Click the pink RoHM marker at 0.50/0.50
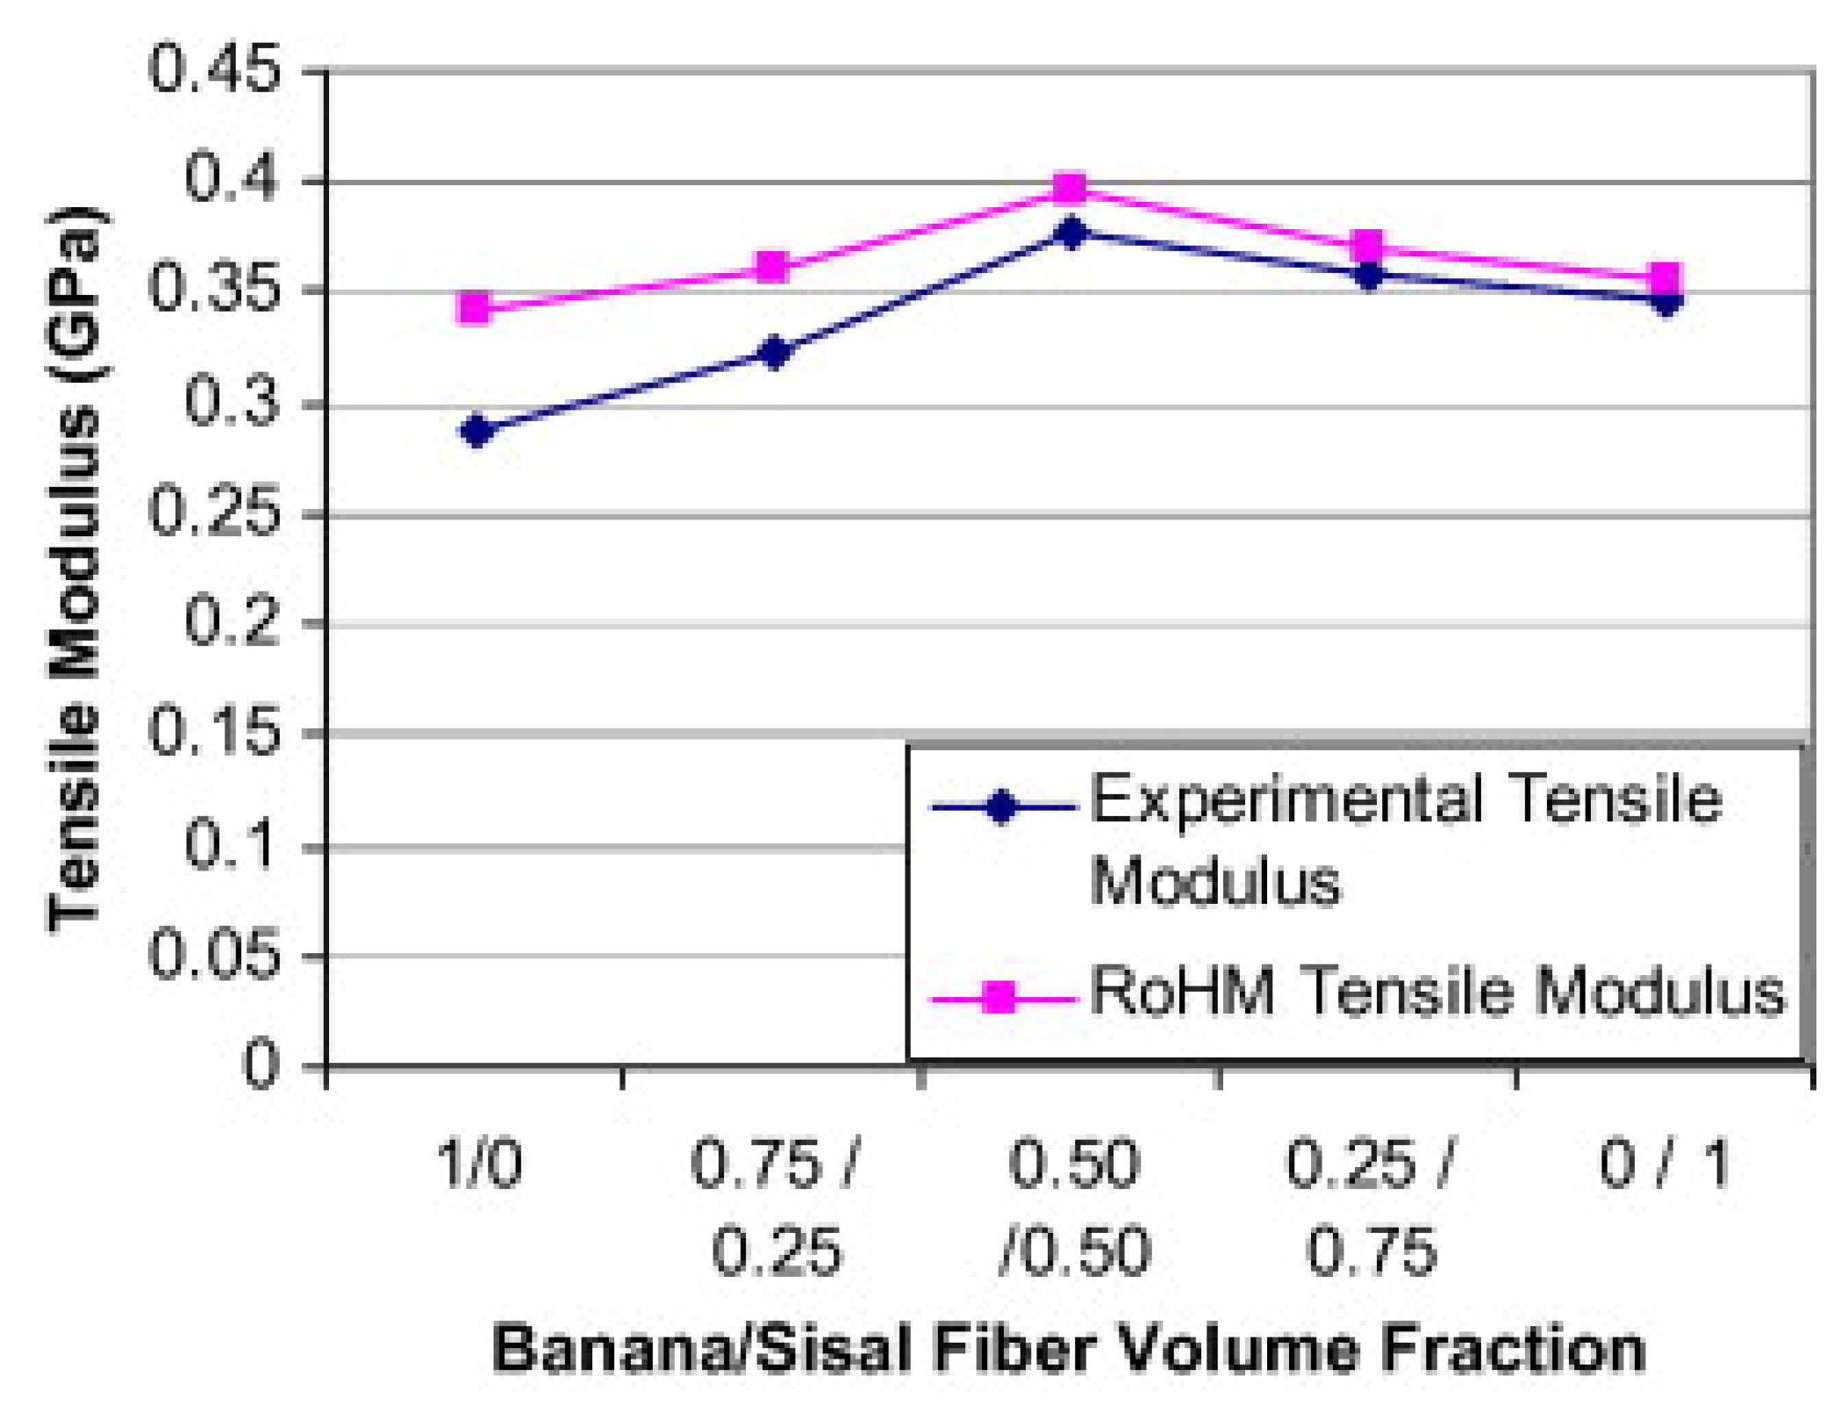[x=1070, y=189]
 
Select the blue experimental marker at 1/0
[x=476, y=430]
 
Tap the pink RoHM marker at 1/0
[x=475, y=307]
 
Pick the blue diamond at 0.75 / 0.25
[x=775, y=352]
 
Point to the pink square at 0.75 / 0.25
[x=772, y=266]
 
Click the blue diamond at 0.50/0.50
[x=1071, y=233]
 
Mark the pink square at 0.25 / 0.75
[x=1367, y=247]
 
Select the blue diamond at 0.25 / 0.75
[x=1369, y=276]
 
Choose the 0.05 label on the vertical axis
[x=215, y=955]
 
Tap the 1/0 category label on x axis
[x=479, y=1165]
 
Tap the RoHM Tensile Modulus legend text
[x=1437, y=993]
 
